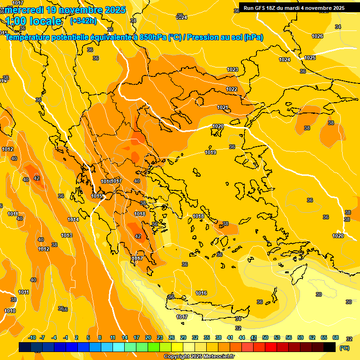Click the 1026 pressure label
pyautogui.click(x=317, y=36)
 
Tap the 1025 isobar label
pyautogui.click(x=310, y=58)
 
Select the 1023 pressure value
pyautogui.click(x=232, y=69)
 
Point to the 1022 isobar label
pyautogui.click(x=232, y=89)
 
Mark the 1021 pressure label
pyautogui.click(x=223, y=108)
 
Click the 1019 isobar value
pyautogui.click(x=210, y=152)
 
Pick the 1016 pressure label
pyautogui.click(x=201, y=293)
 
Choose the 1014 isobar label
pyautogui.click(x=73, y=219)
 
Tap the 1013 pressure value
pyautogui.click(x=67, y=235)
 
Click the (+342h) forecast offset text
pyautogui.click(x=83, y=21)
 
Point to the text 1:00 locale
pyautogui.click(x=34, y=21)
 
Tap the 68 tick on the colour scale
pyautogui.click(x=336, y=337)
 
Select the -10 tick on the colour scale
pyautogui.click(x=32, y=337)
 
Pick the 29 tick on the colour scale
pyautogui.click(x=183, y=337)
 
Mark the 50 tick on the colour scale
pyautogui.click(x=265, y=337)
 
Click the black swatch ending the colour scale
pyautogui.click(x=330, y=347)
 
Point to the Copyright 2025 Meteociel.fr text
pyautogui.click(x=199, y=356)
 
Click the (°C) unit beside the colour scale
pyautogui.click(x=344, y=348)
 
